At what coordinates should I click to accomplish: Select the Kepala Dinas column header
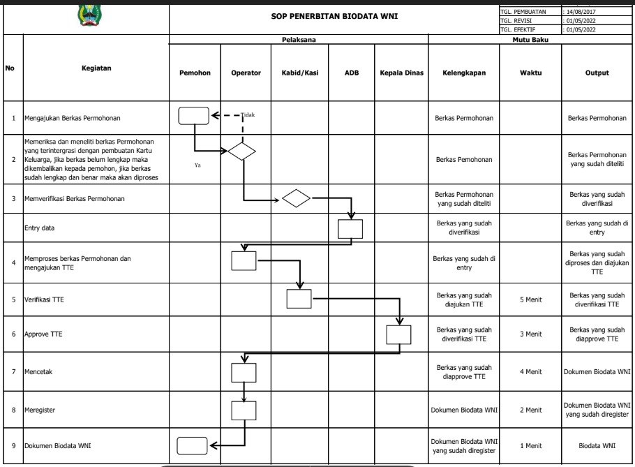402,73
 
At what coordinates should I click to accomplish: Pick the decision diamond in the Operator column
242,151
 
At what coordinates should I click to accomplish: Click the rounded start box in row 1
193,116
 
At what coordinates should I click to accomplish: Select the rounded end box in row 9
193,445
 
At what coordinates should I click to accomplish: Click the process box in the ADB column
350,229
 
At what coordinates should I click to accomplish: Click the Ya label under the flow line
197,165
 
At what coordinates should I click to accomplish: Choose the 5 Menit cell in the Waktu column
530,299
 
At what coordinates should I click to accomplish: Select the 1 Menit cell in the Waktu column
530,445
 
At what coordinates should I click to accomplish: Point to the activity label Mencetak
39,372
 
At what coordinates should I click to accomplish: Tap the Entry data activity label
40,228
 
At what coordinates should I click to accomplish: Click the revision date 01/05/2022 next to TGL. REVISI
582,21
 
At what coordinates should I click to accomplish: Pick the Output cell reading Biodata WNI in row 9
597,445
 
